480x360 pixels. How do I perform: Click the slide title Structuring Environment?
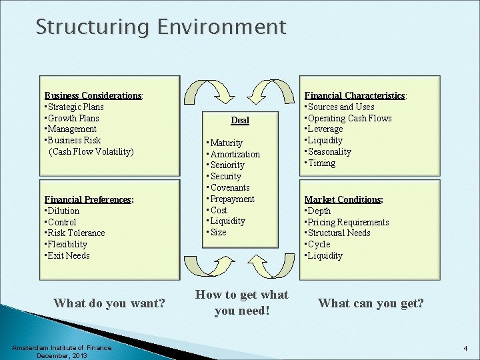[x=161, y=27]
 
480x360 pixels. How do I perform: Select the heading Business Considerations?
[x=93, y=95]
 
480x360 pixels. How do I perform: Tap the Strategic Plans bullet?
[x=75, y=107]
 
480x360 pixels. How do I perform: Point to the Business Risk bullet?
[x=74, y=140]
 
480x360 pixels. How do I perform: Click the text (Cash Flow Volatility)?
[x=91, y=151]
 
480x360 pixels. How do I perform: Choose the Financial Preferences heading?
[x=89, y=199]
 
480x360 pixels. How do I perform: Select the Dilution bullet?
[x=63, y=211]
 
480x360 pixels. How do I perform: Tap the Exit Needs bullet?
[x=69, y=255]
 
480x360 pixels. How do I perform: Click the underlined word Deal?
[x=240, y=120]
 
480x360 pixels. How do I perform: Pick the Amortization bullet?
[x=235, y=154]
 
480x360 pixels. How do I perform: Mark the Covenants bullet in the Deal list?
[x=229, y=187]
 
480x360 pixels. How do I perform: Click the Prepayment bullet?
[x=232, y=199]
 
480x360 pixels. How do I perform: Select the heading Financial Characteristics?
[x=355, y=95]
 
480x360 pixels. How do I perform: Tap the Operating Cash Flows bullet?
[x=349, y=118]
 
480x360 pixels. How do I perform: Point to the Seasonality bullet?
[x=329, y=151]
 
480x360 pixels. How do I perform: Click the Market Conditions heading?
[x=343, y=199]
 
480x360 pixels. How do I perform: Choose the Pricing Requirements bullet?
[x=348, y=222]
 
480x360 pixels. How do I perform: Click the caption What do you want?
[x=109, y=303]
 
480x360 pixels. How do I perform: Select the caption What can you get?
[x=371, y=303]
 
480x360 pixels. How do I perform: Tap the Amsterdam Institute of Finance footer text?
[x=61, y=347]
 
